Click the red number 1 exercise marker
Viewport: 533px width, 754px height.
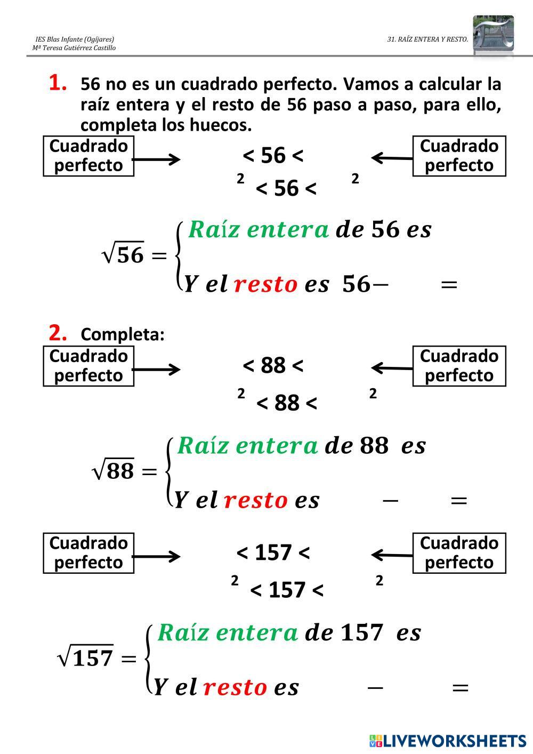click(x=58, y=83)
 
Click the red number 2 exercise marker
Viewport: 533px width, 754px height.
click(x=58, y=333)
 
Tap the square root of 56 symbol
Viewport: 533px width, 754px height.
click(x=123, y=255)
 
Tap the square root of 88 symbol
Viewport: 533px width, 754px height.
click(x=114, y=471)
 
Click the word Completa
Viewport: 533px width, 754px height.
click(x=123, y=334)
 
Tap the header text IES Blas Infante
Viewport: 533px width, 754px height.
click(x=75, y=39)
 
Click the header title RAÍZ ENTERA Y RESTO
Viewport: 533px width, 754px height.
click(x=427, y=39)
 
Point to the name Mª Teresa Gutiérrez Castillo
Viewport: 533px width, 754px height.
click(x=74, y=48)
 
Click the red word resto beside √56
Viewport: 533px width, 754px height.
click(x=265, y=284)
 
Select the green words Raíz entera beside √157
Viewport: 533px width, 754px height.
click(x=228, y=632)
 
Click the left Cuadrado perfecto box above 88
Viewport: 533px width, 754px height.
click(x=88, y=366)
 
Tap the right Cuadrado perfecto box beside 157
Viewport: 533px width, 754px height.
click(x=459, y=553)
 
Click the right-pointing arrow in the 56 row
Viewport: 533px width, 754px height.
click(x=156, y=159)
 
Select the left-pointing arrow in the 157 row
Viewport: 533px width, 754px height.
click(x=392, y=555)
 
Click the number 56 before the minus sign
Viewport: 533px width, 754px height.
click(x=356, y=284)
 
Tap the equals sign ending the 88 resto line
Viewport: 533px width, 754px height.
click(x=458, y=501)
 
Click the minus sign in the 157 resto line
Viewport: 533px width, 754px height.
click(x=375, y=687)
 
